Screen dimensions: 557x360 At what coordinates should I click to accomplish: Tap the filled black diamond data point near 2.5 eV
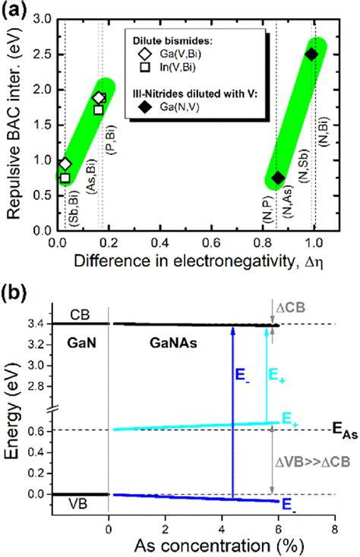311,54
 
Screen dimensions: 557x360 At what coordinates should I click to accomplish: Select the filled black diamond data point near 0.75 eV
278,179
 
